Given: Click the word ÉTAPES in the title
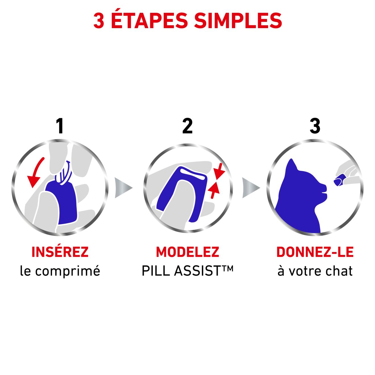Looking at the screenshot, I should tap(149, 20).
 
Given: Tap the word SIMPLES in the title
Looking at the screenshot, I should tap(238, 20).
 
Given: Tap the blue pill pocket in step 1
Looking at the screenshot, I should tap(64, 203).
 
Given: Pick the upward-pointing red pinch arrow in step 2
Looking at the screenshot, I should tap(214, 190).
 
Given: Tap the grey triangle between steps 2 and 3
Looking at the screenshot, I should tap(251, 188).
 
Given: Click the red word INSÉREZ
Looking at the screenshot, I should tap(60, 252).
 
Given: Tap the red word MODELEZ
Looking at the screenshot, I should tap(188, 252).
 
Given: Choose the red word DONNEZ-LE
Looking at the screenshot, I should tap(315, 252).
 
